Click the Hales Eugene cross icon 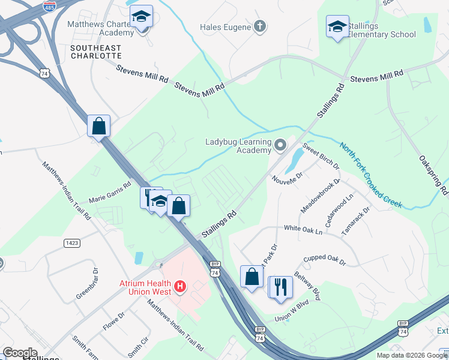coord(259,26)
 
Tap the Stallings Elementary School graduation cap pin coord(337,26)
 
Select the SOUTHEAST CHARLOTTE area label coord(95,52)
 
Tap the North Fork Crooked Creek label coord(370,175)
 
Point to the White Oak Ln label coord(303,229)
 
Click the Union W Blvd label coord(292,317)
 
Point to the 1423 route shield coord(71,242)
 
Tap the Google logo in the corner coord(20,353)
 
